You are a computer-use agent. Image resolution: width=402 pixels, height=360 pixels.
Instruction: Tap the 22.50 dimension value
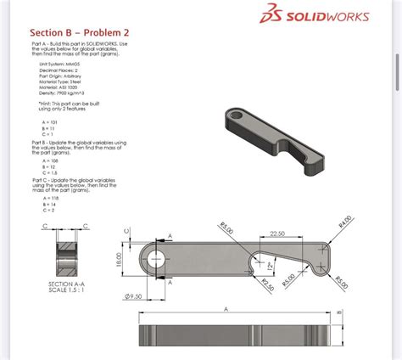pos(276,234)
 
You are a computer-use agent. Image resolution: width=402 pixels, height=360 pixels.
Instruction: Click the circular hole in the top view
pos(156,257)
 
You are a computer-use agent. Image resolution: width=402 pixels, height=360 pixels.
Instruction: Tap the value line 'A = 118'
pos(48,198)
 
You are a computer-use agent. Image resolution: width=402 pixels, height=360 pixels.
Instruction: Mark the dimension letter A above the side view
pos(226,310)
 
